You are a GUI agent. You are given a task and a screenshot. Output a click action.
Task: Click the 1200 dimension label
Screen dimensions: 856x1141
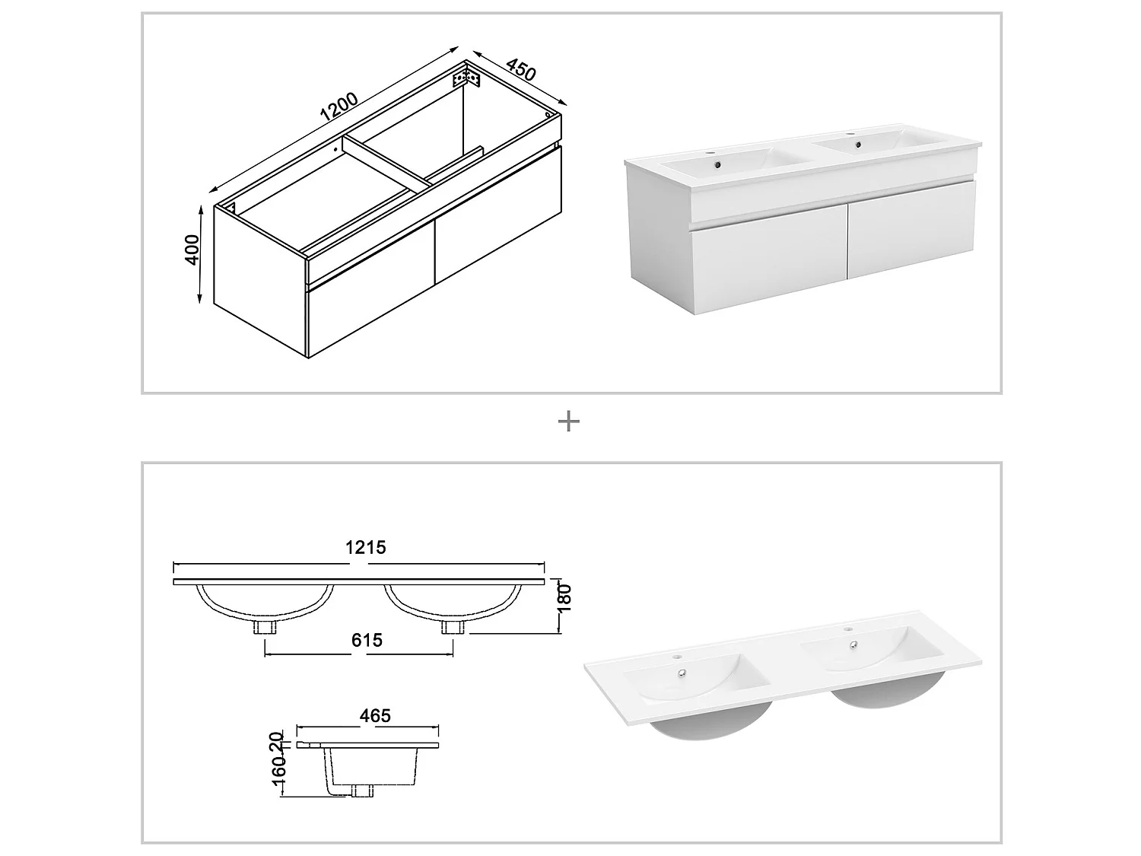[339, 107]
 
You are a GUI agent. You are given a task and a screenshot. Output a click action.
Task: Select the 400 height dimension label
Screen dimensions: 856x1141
[192, 250]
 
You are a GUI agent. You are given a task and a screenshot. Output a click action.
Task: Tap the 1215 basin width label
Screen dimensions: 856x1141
[367, 547]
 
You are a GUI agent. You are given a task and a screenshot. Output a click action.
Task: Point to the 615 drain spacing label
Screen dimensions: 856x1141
[367, 641]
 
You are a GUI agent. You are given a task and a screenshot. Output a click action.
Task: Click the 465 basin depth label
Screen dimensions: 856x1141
[375, 716]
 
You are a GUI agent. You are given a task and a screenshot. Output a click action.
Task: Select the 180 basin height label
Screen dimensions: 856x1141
[564, 596]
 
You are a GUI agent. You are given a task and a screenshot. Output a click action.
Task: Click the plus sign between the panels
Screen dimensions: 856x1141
[569, 421]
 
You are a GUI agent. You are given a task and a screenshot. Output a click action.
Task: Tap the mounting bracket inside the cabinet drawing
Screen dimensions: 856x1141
[467, 79]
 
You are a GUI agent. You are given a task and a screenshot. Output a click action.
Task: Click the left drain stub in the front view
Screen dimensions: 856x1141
[265, 627]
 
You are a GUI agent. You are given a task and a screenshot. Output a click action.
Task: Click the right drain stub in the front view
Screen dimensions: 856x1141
[453, 627]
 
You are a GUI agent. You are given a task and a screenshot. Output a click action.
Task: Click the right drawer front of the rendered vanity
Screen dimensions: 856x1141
[911, 244]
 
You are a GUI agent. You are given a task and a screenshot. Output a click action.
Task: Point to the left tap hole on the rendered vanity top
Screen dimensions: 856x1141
[716, 153]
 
